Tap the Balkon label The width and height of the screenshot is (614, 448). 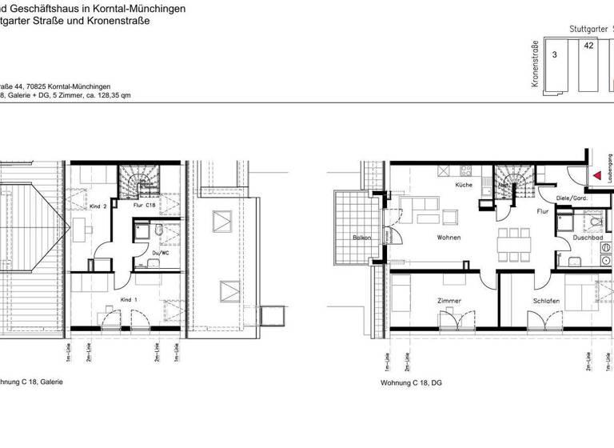coord(364,238)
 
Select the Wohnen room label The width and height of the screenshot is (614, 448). coord(449,238)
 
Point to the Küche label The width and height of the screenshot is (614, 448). coord(464,185)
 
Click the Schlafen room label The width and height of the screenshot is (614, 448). coord(546,301)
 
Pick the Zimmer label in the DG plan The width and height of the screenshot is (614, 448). coord(449,301)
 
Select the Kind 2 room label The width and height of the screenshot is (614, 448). coord(98,205)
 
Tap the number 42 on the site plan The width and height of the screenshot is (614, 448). coord(589,46)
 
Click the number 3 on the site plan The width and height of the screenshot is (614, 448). coord(554,55)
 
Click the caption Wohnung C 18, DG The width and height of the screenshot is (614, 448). coord(411,383)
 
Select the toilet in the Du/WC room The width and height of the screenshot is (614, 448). coord(160,232)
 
